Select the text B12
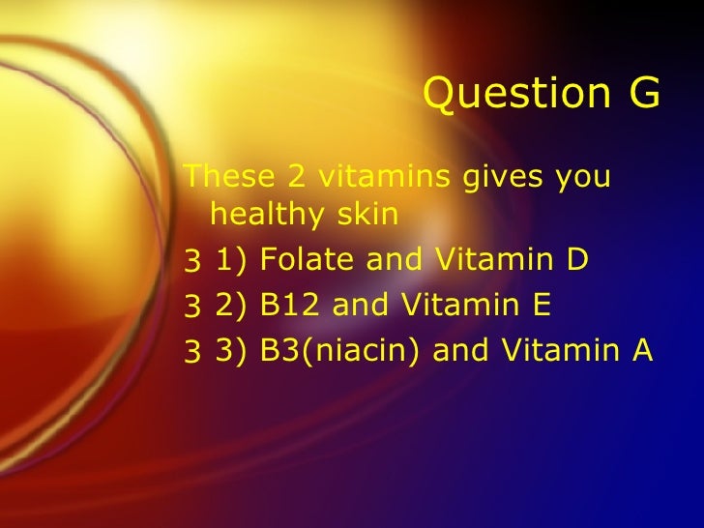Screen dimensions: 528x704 tap(293, 306)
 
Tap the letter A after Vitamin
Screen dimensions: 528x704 tap(642, 351)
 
